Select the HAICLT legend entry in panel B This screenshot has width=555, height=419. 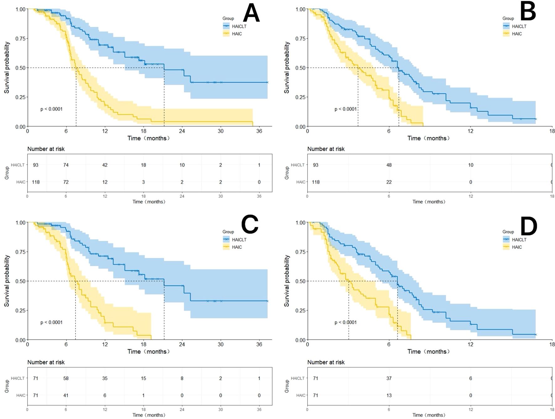coord(519,26)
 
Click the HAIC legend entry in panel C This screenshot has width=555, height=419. coord(237,247)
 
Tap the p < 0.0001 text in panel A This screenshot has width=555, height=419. coord(51,109)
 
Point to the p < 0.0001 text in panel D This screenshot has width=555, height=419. coord(345,322)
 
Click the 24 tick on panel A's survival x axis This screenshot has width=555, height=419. coord(182,131)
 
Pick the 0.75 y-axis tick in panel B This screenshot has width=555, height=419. coord(300,39)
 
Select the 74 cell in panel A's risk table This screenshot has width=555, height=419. coord(66,165)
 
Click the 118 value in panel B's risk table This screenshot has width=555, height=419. coord(315,182)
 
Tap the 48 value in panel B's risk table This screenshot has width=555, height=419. coord(389,165)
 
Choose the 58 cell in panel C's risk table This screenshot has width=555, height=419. coord(66,378)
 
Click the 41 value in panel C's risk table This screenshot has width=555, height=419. coord(66,395)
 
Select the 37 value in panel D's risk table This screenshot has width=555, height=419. coord(389,378)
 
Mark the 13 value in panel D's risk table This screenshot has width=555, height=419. coord(389,395)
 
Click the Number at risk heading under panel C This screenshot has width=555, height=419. coord(46,362)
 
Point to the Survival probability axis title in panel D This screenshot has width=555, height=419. coord(287,281)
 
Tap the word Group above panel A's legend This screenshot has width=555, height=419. coord(228,18)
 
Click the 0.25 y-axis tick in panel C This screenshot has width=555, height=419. coord(20,310)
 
